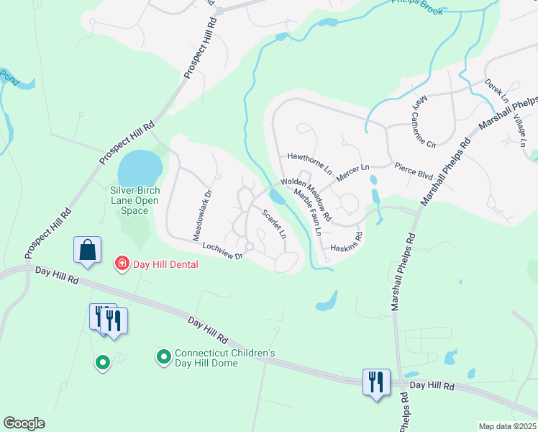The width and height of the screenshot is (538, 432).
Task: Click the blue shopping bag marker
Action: click(x=87, y=250)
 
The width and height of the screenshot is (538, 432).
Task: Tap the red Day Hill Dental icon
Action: click(x=122, y=264)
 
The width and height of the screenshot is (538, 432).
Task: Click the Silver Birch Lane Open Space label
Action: click(x=134, y=200)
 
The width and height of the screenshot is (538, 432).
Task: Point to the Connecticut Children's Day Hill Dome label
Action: click(x=225, y=358)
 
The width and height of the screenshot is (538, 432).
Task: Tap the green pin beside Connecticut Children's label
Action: click(x=163, y=356)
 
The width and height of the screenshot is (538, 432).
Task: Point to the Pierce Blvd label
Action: click(x=415, y=171)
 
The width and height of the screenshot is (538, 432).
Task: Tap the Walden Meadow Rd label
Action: click(x=306, y=199)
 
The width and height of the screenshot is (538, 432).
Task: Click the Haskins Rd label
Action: click(x=345, y=243)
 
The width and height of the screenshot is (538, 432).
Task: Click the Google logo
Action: click(x=24, y=423)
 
